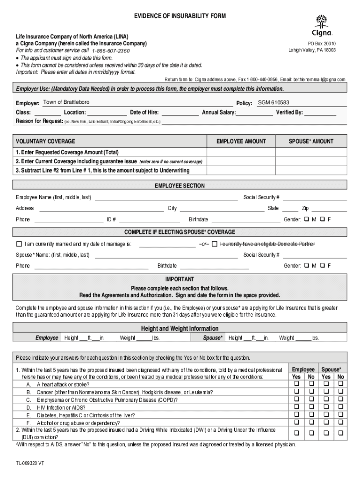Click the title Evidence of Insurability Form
180,16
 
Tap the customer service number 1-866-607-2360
111,51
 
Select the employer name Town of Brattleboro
66,102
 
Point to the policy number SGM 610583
274,102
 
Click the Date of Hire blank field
180,112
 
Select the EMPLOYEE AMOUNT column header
241,141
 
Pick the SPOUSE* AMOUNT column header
311,141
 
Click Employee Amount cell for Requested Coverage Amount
241,152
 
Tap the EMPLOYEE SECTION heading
180,186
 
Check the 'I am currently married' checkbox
19,244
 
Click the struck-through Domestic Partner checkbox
215,244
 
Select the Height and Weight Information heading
180,328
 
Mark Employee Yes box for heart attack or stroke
296,384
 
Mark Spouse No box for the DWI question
340,433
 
